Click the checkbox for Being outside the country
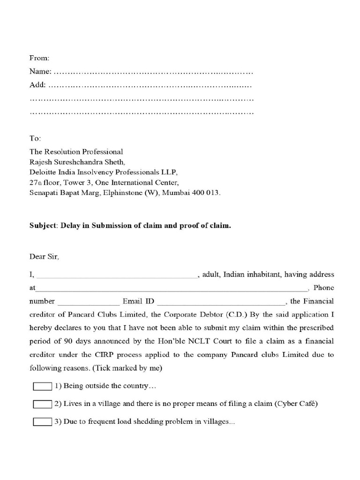point(42,387)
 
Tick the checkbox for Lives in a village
point(42,404)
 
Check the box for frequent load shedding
point(42,422)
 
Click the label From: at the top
point(39,58)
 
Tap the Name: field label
point(41,72)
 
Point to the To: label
point(36,138)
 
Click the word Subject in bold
point(43,225)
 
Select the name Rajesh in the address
point(41,162)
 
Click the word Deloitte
point(43,172)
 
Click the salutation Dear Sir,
point(45,256)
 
